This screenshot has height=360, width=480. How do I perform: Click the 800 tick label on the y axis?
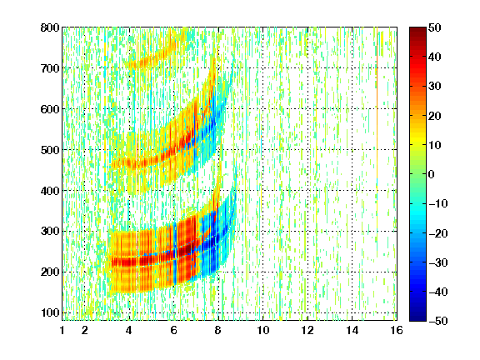[50, 27]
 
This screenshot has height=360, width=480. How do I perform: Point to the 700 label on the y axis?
[50, 68]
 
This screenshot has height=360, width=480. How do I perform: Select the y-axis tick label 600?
[50, 109]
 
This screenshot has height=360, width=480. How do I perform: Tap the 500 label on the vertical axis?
[50, 150]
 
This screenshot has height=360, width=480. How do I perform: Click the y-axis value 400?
[50, 191]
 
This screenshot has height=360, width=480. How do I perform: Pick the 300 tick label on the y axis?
[50, 231]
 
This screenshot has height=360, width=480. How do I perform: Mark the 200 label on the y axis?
[50, 272]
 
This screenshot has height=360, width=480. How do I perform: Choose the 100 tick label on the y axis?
[50, 312]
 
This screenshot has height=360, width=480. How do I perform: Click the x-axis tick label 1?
[62, 330]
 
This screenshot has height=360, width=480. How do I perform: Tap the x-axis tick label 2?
[85, 330]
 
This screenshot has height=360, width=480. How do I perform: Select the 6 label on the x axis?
[174, 330]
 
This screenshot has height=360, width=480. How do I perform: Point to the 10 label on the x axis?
[262, 330]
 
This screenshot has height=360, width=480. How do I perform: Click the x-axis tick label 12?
[307, 330]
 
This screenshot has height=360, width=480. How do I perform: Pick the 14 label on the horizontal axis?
[352, 330]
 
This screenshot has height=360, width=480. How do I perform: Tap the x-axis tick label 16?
[397, 330]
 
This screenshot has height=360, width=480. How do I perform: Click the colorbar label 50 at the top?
[435, 27]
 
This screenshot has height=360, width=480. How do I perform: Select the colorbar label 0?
[432, 174]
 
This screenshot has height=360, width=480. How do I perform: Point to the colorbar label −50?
[438, 321]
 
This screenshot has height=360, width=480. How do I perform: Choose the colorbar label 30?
[435, 86]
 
